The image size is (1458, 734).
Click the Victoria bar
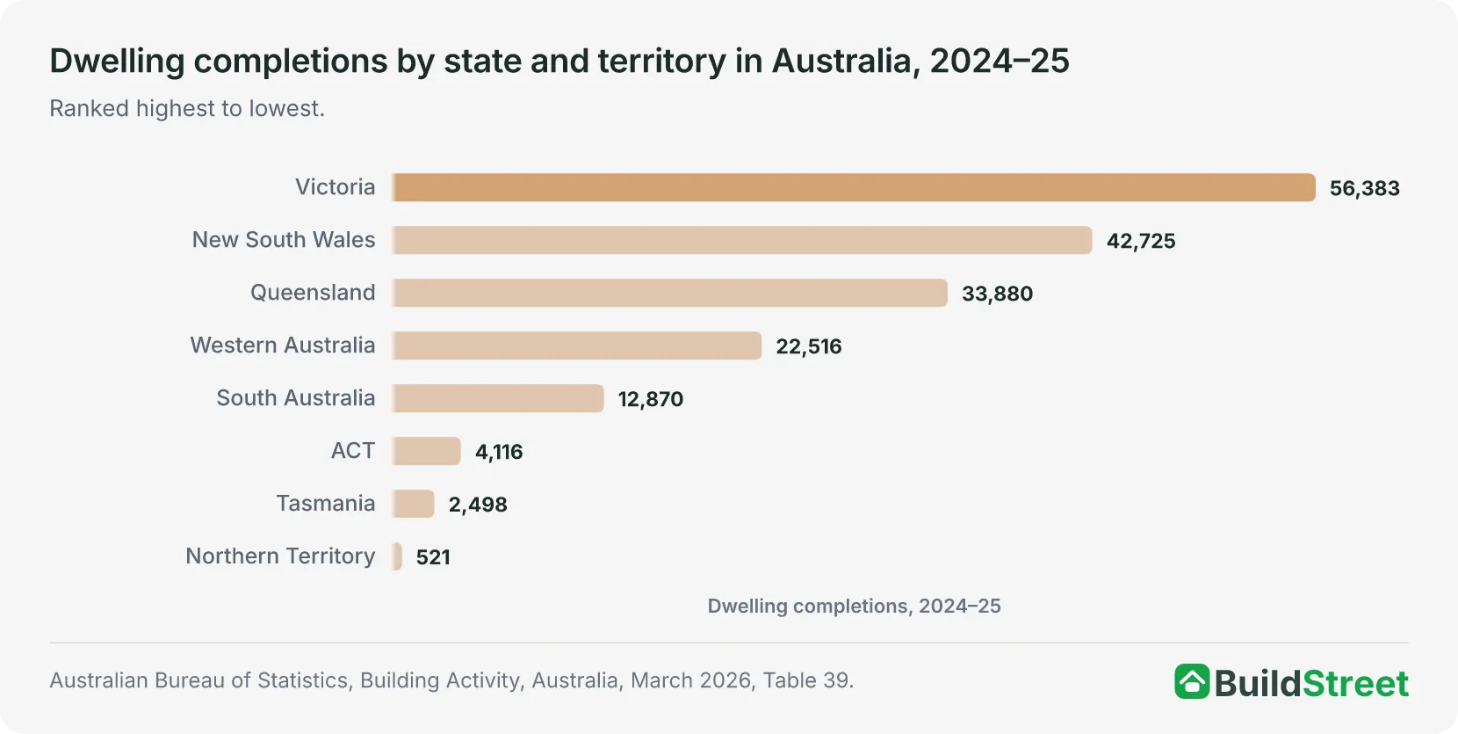pos(854,187)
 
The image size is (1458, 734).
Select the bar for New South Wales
pos(742,240)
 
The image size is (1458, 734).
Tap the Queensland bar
pos(670,293)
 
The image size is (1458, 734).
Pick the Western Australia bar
pos(577,345)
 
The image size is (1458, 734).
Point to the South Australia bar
pos(498,398)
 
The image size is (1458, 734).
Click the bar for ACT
pos(426,451)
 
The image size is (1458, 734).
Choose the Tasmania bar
pos(413,504)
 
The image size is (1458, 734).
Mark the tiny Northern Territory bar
pos(397,556)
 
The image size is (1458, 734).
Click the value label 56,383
pos(1364,188)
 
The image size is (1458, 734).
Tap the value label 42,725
pos(1141,241)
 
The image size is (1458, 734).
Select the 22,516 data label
pos(808,346)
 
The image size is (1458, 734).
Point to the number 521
pos(433,557)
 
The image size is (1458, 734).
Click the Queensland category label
pos(313,293)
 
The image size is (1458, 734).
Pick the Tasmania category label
pos(326,504)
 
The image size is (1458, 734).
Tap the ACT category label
pos(353,451)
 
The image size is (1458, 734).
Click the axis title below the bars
pos(854,607)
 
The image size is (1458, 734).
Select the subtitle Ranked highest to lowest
pos(187,109)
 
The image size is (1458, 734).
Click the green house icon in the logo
pos(1192,681)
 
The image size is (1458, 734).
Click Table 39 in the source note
pos(808,680)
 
